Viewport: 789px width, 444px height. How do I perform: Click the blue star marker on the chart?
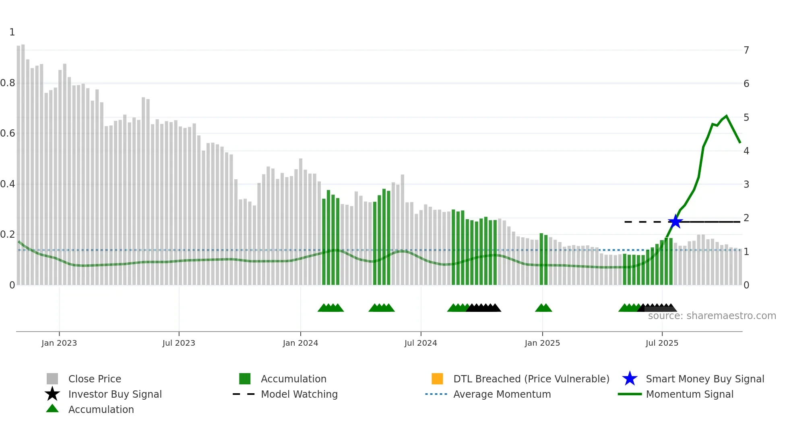(x=675, y=222)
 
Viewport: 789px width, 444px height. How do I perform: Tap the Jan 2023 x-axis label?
(x=59, y=343)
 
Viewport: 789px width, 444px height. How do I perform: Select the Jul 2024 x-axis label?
(x=421, y=343)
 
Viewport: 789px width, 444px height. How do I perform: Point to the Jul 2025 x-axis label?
(x=662, y=343)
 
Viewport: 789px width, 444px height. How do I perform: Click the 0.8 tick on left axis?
(x=8, y=83)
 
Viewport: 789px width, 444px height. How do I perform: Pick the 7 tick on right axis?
(x=746, y=50)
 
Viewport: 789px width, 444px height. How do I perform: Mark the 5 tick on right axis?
(x=746, y=117)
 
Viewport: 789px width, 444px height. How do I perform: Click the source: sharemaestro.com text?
(x=712, y=316)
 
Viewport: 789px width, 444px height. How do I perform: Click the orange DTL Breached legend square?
(x=437, y=379)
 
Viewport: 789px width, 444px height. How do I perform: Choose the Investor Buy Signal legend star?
(x=52, y=394)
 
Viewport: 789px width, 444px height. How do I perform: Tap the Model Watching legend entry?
(x=299, y=394)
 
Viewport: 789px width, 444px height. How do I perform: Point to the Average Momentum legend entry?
(x=502, y=394)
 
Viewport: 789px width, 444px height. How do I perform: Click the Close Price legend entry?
(x=95, y=379)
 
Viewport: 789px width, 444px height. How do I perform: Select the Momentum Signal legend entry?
(x=689, y=394)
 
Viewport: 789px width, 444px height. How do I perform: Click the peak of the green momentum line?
(x=726, y=116)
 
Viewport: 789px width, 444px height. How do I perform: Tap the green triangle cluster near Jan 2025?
(x=543, y=308)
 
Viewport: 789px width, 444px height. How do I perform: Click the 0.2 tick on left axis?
(x=8, y=234)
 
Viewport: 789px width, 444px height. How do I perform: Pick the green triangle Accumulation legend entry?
(x=101, y=409)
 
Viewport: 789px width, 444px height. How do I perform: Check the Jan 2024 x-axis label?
(x=300, y=343)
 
